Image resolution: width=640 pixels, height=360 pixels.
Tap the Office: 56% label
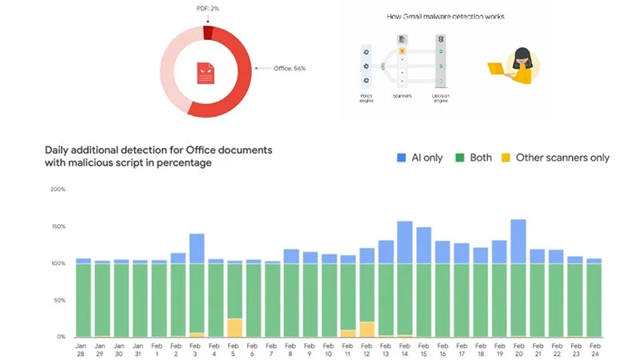click(x=289, y=69)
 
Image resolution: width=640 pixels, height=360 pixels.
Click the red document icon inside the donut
click(x=206, y=74)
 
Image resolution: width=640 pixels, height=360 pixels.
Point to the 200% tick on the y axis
click(x=57, y=190)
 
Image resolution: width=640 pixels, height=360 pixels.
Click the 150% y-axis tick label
click(x=57, y=226)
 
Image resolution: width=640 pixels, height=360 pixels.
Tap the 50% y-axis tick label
click(x=58, y=300)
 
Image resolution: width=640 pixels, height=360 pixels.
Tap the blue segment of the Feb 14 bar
click(x=405, y=242)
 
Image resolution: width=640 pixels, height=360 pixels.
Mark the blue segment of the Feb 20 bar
click(x=518, y=241)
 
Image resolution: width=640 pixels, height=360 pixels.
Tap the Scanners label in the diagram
click(x=402, y=96)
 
